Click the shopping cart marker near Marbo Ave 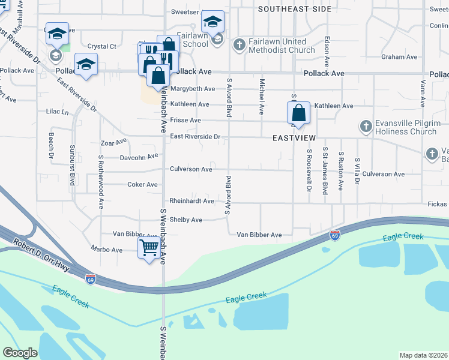coord(149,247)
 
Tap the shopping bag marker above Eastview coord(298,113)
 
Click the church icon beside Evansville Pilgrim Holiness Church coord(366,127)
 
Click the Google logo coord(20,353)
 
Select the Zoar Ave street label coord(114,142)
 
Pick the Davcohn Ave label coord(139,157)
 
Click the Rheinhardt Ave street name coord(191,201)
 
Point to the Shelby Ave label coord(185,220)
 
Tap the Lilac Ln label coord(58,112)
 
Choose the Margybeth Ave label coord(192,89)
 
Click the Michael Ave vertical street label coord(262,97)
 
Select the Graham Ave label coord(399,57)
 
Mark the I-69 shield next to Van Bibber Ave coord(334,235)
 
